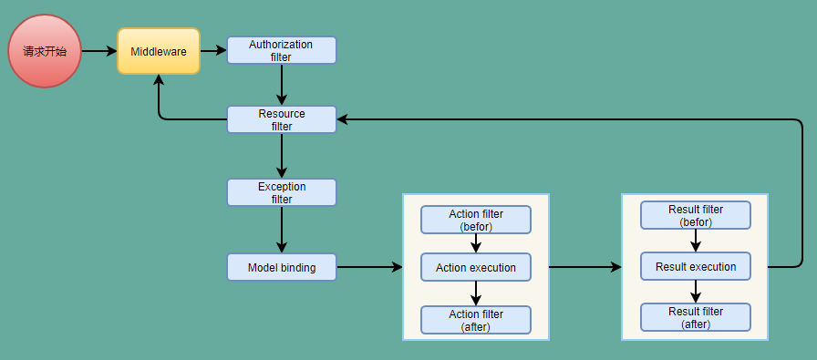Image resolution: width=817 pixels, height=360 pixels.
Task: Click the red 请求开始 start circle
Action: pos(45,51)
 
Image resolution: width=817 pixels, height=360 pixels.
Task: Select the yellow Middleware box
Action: pos(158,51)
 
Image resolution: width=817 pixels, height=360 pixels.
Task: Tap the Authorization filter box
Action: pos(282,50)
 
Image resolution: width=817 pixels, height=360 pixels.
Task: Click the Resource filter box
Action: pos(282,119)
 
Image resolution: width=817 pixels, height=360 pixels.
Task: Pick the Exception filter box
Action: pos(282,191)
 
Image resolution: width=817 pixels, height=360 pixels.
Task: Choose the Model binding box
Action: pos(282,267)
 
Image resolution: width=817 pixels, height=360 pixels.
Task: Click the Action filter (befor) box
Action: pos(475,220)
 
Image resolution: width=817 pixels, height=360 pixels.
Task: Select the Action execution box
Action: pos(475,267)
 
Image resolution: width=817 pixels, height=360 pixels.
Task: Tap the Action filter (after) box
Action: pos(475,319)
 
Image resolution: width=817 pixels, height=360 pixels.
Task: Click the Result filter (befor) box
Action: pos(696,215)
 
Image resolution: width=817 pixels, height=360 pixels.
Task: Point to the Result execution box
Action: pos(696,266)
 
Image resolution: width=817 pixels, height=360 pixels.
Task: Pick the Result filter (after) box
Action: pos(696,317)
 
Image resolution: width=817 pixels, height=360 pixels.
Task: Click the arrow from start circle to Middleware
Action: pos(98,51)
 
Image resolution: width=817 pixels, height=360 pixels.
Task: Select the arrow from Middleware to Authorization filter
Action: pos(212,51)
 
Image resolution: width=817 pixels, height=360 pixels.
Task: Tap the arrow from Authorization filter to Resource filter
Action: pos(282,85)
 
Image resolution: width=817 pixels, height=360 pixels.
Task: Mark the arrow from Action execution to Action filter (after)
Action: pos(475,293)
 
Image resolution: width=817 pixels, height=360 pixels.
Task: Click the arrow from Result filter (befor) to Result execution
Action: pos(696,241)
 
